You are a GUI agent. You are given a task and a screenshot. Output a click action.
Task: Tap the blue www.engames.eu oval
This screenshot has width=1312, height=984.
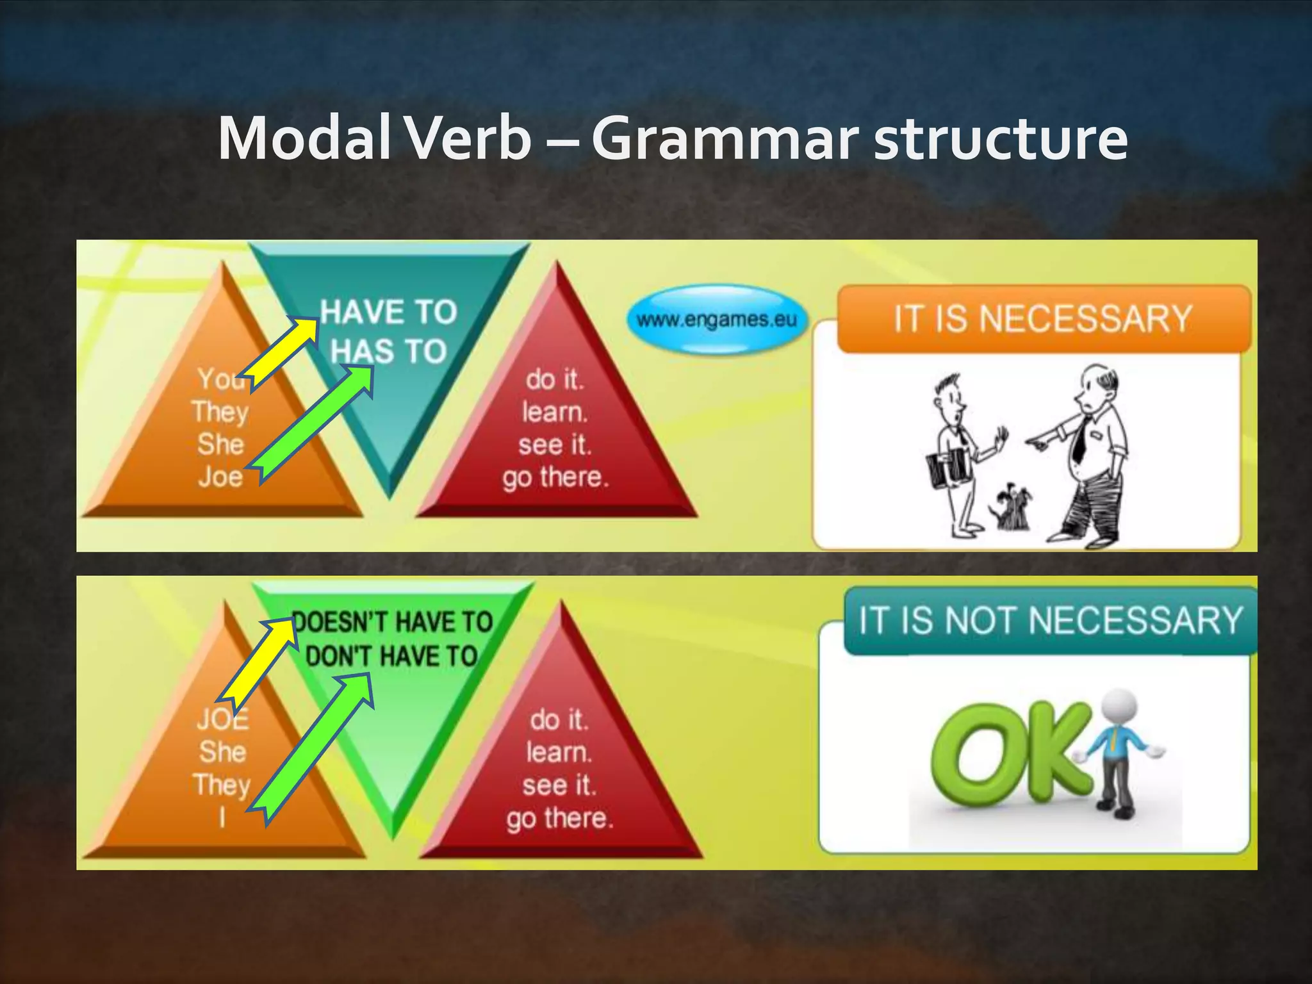tap(716, 319)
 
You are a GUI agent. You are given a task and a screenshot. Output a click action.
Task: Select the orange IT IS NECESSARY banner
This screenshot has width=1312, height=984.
tap(1043, 318)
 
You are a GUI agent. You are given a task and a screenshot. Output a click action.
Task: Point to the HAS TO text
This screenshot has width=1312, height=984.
tap(389, 352)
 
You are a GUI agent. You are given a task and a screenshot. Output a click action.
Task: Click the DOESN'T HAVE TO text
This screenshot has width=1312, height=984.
tap(393, 622)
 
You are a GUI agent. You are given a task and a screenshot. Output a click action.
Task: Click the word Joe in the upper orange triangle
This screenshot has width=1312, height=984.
tap(220, 477)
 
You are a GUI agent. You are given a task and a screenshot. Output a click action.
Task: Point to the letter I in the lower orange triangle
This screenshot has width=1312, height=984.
tap(222, 817)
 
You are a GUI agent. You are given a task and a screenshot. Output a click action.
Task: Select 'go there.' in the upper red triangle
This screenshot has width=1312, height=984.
tap(555, 477)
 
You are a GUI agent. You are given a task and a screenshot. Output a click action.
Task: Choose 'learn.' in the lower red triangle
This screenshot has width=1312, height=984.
tap(559, 751)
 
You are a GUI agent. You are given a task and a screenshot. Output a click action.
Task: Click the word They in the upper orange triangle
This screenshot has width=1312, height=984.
tap(220, 411)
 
